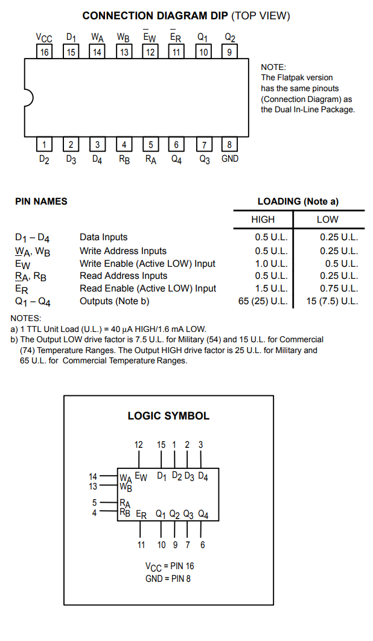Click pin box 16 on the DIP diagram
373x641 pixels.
coord(44,52)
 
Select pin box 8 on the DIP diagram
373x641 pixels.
coord(229,144)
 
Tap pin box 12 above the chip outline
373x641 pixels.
coord(150,52)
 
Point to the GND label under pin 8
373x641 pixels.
coord(230,159)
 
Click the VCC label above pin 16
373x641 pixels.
coord(44,38)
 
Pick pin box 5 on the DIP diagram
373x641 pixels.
coord(150,144)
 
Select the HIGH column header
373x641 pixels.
coord(263,220)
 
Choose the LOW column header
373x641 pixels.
coord(328,220)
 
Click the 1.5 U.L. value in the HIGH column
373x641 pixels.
coord(272,288)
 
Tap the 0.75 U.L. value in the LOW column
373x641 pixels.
coord(339,288)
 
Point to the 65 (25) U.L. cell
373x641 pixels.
coord(263,301)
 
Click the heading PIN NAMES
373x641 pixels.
coord(41,201)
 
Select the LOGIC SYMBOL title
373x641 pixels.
coord(168,416)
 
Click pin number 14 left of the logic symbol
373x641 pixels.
coord(93,476)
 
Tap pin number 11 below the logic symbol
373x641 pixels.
coord(141,545)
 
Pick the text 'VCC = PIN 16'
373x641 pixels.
coord(170,567)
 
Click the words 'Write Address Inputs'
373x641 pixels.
coord(123,251)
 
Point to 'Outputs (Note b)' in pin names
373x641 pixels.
coord(115,301)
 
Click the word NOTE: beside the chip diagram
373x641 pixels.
coord(273,67)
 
